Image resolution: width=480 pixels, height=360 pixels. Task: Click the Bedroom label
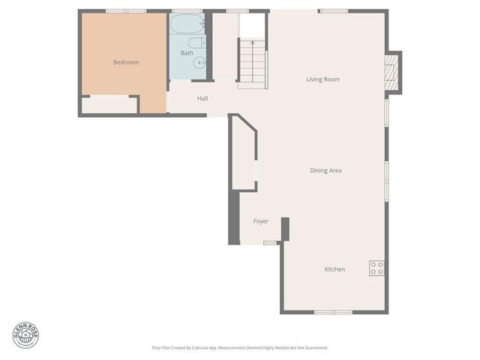pyautogui.click(x=126, y=62)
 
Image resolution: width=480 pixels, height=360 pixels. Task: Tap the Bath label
pyautogui.click(x=187, y=53)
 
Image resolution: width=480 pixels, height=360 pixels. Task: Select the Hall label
pyautogui.click(x=202, y=98)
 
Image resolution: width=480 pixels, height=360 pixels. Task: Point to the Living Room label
pyautogui.click(x=323, y=79)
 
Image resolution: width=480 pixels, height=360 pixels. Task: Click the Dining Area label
pyautogui.click(x=325, y=171)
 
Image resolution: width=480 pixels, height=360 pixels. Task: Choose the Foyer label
pyautogui.click(x=260, y=221)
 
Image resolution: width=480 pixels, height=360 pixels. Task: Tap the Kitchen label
pyautogui.click(x=334, y=269)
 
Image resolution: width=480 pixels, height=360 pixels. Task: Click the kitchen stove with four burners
pyautogui.click(x=377, y=268)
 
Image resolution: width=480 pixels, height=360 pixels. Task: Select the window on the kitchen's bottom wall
pyautogui.click(x=333, y=312)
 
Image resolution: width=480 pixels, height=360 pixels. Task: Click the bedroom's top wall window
pyautogui.click(x=125, y=10)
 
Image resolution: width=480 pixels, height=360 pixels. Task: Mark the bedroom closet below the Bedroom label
pyautogui.click(x=109, y=105)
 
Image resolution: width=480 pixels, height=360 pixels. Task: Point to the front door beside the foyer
pyautogui.click(x=270, y=242)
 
